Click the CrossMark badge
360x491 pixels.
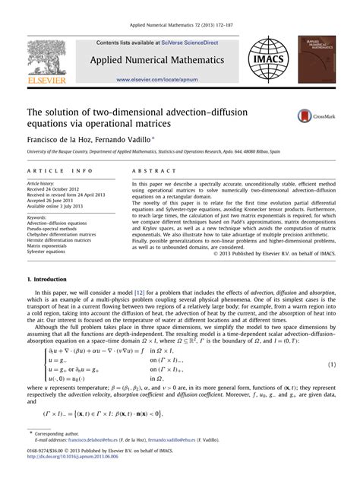coord(310,115)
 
